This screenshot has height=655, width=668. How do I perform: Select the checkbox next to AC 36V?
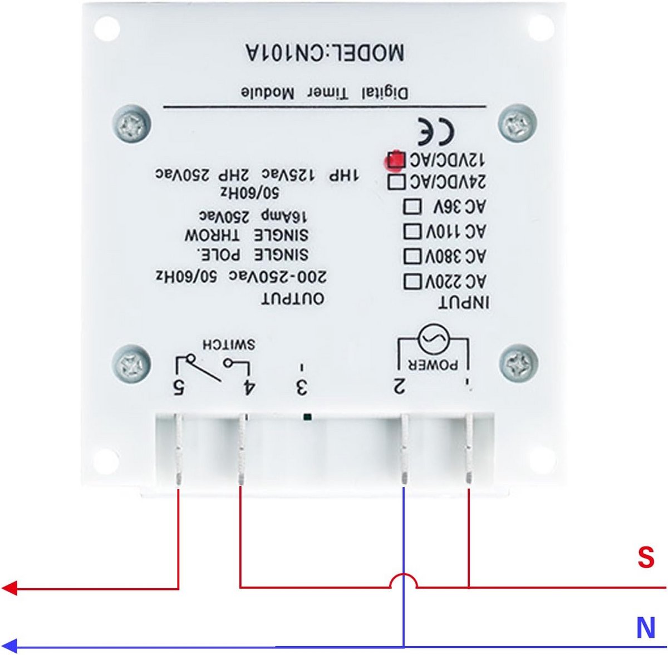click(412, 206)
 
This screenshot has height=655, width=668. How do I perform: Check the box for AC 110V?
click(412, 231)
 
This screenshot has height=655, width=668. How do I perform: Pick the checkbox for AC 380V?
click(412, 256)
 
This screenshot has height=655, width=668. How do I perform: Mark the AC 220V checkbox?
click(412, 281)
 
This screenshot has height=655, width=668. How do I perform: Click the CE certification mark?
click(436, 131)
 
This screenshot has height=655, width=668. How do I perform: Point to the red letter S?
click(646, 557)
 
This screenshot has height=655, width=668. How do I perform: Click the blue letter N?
click(646, 627)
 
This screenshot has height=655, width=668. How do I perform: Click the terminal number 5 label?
click(179, 387)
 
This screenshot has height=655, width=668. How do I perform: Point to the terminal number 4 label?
click(248, 387)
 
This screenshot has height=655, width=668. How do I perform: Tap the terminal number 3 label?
click(302, 387)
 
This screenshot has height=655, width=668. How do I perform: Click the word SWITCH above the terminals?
click(229, 344)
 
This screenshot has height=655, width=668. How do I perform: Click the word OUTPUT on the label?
click(293, 299)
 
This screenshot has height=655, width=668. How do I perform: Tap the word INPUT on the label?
click(464, 302)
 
